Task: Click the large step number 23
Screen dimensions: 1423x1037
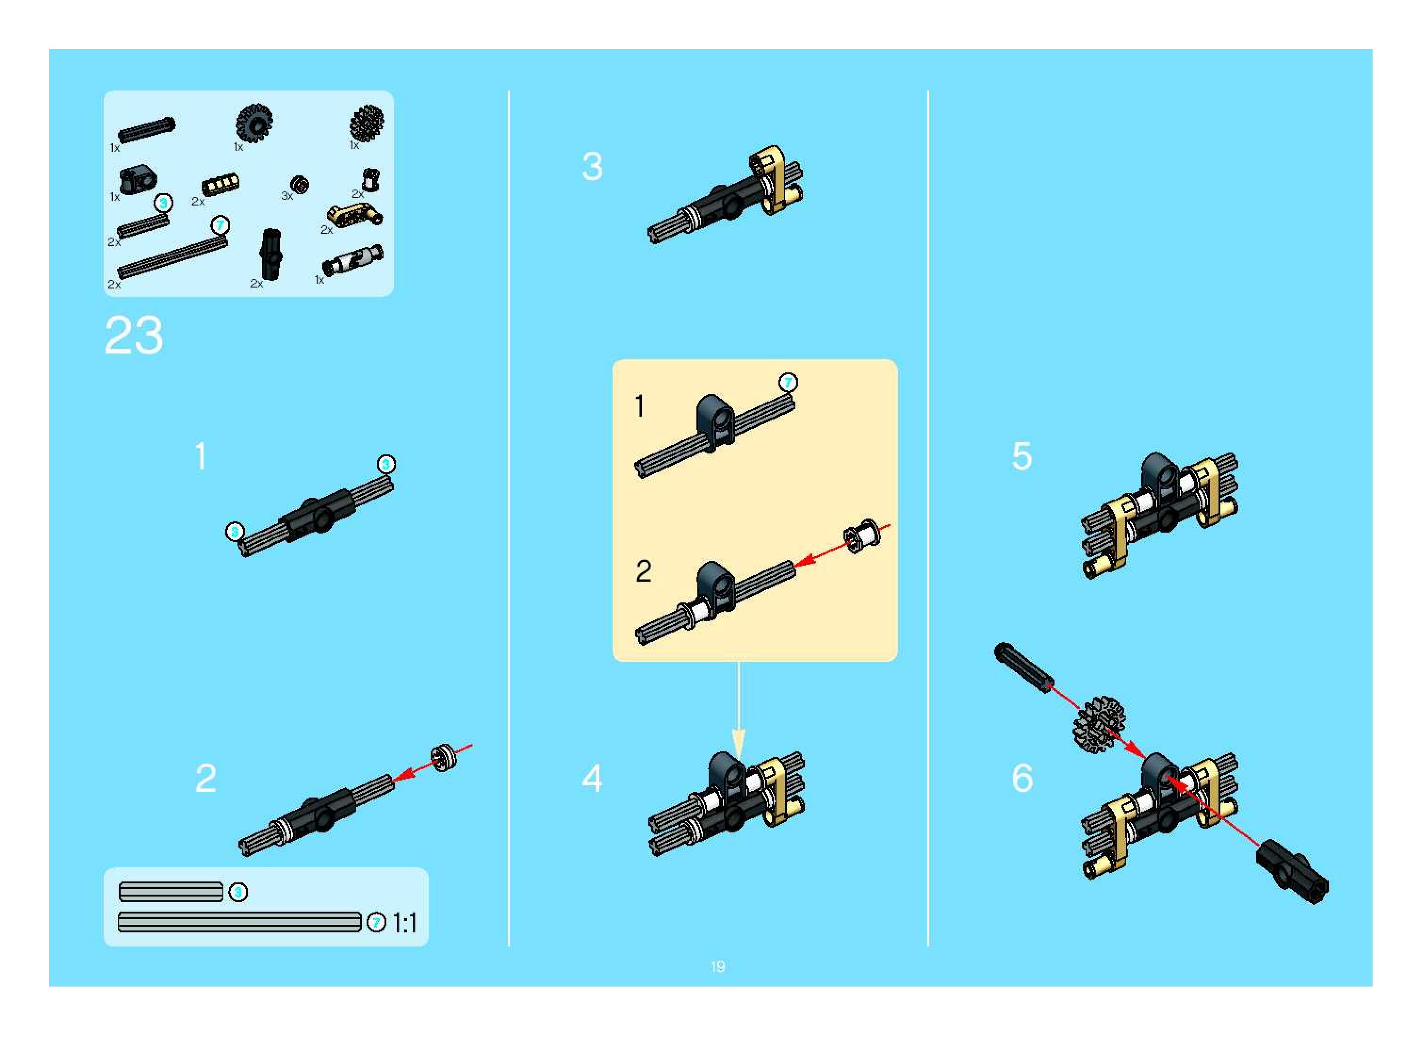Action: click(x=134, y=335)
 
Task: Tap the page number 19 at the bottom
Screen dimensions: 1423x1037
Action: click(x=718, y=966)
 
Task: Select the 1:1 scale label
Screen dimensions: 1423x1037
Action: click(x=404, y=923)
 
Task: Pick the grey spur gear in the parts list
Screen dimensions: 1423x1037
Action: click(x=367, y=123)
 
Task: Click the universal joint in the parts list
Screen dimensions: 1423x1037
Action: click(x=352, y=259)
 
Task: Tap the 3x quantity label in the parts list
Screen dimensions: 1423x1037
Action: click(x=287, y=196)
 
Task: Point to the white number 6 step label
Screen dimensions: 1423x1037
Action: click(x=1022, y=778)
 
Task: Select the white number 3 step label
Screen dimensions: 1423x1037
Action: click(x=592, y=166)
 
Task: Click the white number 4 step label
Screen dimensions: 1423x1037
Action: click(x=592, y=778)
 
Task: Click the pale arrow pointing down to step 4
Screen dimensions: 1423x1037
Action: click(x=739, y=709)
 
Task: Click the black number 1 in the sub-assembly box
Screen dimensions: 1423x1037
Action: click(x=639, y=406)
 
